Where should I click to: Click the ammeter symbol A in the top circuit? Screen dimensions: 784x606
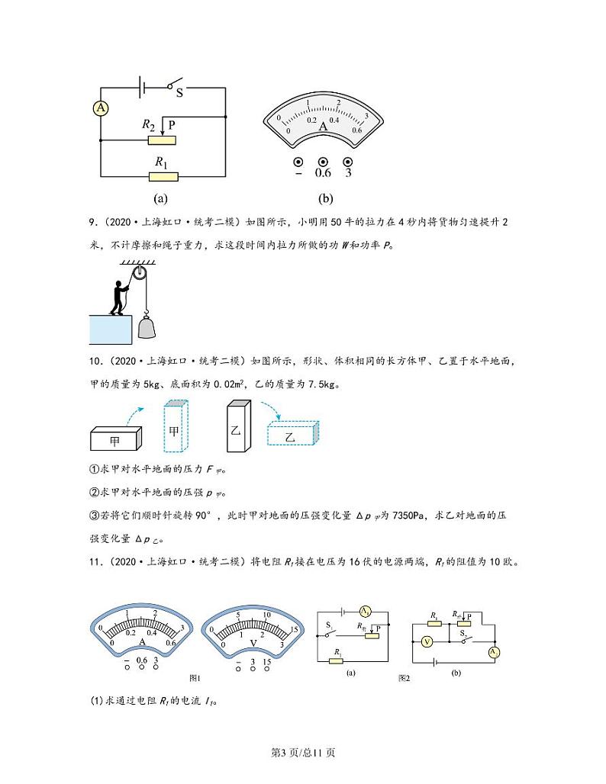(x=101, y=109)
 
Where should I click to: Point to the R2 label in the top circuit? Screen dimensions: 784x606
(x=148, y=124)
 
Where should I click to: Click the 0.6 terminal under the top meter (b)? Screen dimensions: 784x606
(x=323, y=162)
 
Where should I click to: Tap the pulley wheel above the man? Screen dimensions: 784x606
(x=139, y=274)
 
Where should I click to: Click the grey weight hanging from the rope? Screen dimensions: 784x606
(x=149, y=326)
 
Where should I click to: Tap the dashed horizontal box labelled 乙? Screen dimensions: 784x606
(x=292, y=435)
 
